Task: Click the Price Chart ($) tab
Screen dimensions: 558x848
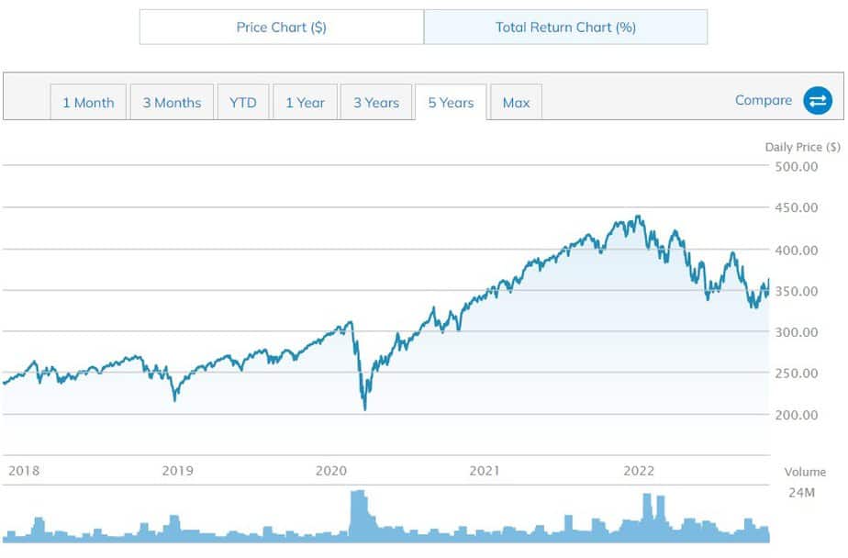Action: (281, 28)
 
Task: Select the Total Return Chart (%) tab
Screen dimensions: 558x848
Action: (565, 28)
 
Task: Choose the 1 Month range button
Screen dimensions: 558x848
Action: (88, 103)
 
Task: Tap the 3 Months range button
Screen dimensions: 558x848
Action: (172, 103)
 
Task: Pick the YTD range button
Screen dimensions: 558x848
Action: (242, 103)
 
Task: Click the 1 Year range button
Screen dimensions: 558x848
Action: (305, 103)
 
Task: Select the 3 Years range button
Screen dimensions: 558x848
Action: (376, 103)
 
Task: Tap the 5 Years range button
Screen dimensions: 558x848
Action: (451, 103)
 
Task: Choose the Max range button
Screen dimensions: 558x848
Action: (516, 103)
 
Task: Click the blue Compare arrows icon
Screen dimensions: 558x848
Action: (817, 101)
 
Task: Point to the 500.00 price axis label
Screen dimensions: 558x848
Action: (796, 166)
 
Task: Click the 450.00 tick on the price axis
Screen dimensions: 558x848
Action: (796, 207)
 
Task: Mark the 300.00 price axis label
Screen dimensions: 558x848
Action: (796, 332)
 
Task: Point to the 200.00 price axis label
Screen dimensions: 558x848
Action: (796, 415)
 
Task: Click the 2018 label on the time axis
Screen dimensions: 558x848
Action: (24, 471)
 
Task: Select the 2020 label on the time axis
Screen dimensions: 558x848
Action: (331, 471)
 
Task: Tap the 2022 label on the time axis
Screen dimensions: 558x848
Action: (639, 471)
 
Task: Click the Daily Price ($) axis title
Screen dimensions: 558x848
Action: (802, 147)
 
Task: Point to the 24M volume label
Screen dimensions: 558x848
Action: (801, 494)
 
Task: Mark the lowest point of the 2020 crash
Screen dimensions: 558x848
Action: (365, 409)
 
